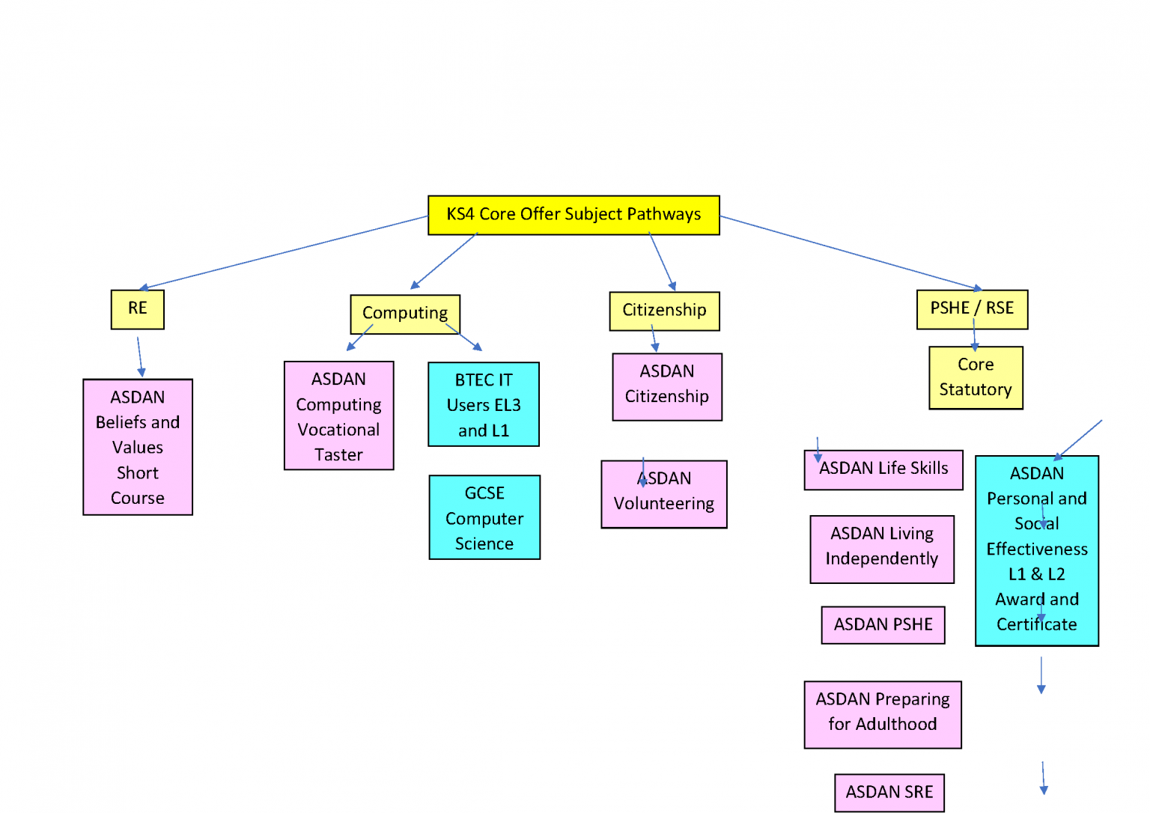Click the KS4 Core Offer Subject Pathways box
tap(574, 215)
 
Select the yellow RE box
tap(137, 309)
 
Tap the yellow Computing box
tap(405, 314)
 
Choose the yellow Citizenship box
tap(664, 311)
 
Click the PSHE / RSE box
tap(972, 308)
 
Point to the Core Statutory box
tap(976, 377)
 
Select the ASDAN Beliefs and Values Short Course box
tap(138, 447)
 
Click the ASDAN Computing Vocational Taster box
tap(338, 416)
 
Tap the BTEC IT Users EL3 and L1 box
tap(484, 405)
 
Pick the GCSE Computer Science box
tap(484, 518)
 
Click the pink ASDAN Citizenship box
tap(667, 386)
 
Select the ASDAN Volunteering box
tap(664, 495)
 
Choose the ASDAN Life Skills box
tap(883, 469)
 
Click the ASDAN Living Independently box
tap(882, 549)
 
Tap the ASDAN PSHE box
tap(883, 625)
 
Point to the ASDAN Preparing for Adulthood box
tap(883, 714)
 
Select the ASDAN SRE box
tap(889, 793)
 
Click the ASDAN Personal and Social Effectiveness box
tap(1037, 550)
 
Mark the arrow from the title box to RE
tap(285, 252)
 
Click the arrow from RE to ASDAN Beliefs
tap(139, 356)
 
